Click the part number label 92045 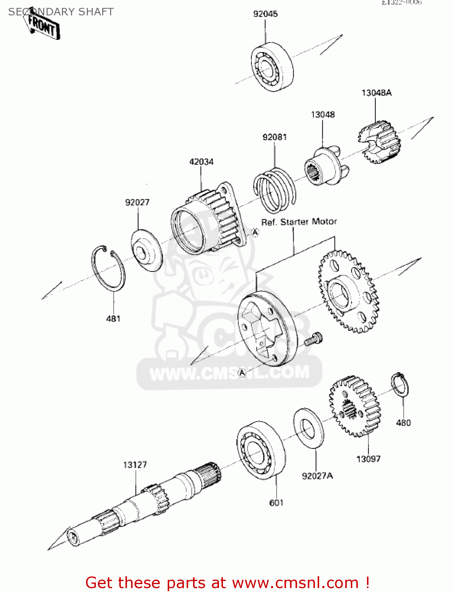click(x=265, y=14)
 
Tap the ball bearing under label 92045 click(x=272, y=67)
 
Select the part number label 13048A click(x=376, y=93)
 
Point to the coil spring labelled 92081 click(x=274, y=189)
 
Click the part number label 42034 click(x=201, y=162)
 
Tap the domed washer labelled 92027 click(x=146, y=251)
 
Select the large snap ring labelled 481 click(x=108, y=269)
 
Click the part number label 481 click(x=113, y=318)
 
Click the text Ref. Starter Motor click(x=299, y=222)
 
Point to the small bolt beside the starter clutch click(x=314, y=339)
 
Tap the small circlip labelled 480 click(x=399, y=384)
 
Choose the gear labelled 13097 click(x=354, y=407)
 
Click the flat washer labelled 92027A click(x=309, y=428)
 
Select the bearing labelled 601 click(x=261, y=450)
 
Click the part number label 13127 click(x=135, y=465)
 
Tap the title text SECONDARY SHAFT click(x=61, y=12)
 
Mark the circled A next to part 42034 click(x=255, y=233)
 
